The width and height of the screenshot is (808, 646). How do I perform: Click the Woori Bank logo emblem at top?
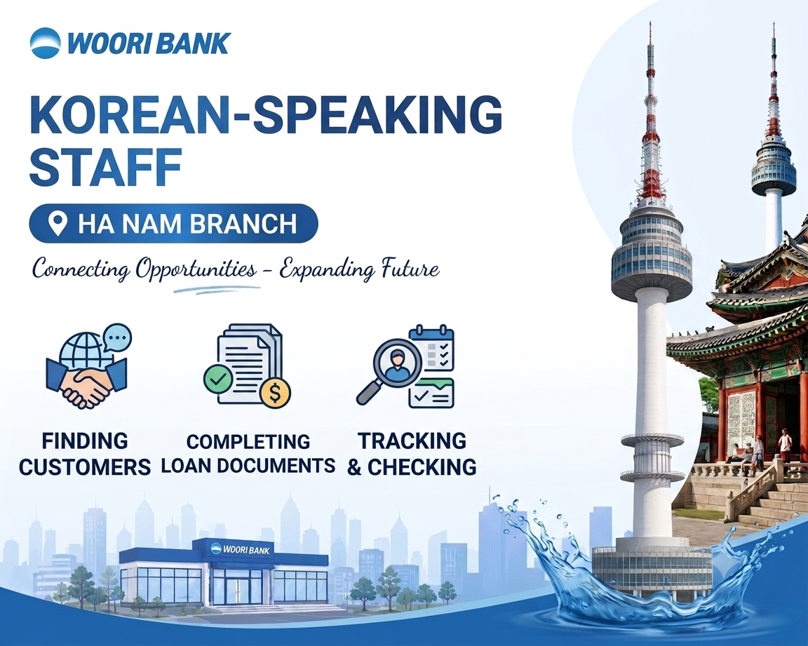[46, 42]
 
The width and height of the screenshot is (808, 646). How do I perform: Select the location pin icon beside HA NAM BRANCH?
[58, 223]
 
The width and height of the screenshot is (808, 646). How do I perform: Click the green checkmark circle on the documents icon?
[219, 379]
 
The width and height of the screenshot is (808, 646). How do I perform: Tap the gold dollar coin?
[275, 393]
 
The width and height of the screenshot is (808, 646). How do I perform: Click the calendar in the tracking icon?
[431, 348]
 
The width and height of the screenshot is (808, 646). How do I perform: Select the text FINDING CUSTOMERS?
[85, 454]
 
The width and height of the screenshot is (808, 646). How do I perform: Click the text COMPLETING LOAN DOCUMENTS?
[248, 453]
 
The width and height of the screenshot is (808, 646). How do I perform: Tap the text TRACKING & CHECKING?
[412, 454]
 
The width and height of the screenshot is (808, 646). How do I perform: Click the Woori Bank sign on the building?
[241, 550]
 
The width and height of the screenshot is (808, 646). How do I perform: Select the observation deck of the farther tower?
[773, 166]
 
